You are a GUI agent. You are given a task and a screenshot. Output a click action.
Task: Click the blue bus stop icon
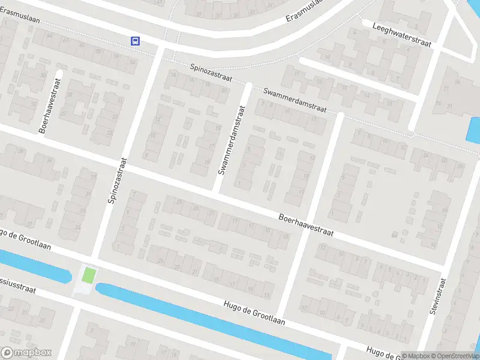pos(136,41)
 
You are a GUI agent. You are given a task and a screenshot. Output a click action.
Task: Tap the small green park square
pos(88,275)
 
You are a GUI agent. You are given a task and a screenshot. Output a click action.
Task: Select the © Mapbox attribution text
pos(416,356)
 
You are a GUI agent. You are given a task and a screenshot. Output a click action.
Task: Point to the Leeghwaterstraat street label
pos(402,34)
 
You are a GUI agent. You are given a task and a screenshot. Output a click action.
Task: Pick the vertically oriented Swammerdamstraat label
pos(232,140)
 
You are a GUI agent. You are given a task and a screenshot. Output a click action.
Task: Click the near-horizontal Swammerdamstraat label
pos(295,100)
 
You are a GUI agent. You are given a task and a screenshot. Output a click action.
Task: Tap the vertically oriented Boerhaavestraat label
pos(51,106)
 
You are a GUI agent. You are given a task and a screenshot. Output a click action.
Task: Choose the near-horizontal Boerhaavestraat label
pos(305,224)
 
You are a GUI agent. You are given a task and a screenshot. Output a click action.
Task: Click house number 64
pos(50,35)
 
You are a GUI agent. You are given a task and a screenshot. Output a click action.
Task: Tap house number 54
pos(132,61)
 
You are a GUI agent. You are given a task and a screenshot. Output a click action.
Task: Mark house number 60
pos(82,46)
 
